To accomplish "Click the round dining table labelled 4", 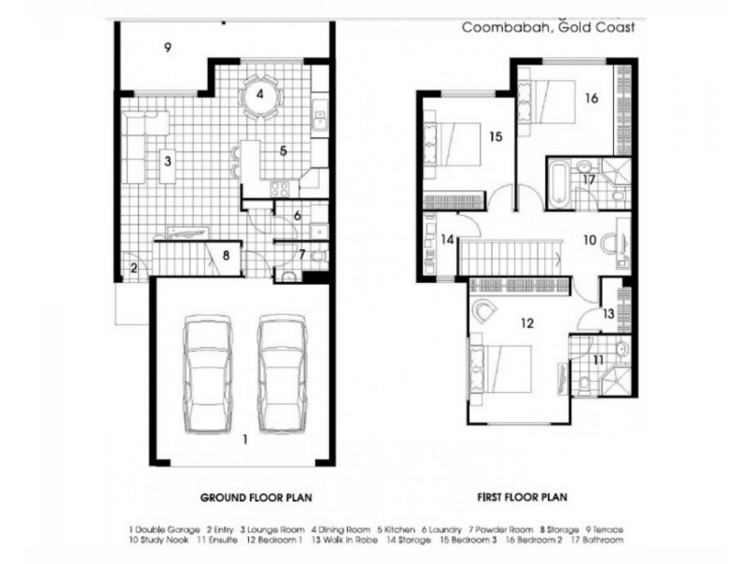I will click(x=260, y=95).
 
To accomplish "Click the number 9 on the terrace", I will click(x=166, y=47).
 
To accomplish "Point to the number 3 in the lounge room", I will click(x=166, y=161).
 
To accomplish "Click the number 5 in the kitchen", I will click(x=281, y=149).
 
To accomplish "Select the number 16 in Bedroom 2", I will click(x=591, y=97).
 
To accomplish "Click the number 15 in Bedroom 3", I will click(x=495, y=136).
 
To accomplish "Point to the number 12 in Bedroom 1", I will click(x=526, y=323).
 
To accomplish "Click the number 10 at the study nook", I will click(x=588, y=240).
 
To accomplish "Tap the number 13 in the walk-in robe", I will click(x=608, y=313).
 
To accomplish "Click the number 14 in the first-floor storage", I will click(x=448, y=240).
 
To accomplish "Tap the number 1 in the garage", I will click(x=244, y=439).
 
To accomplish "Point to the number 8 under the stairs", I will click(x=226, y=253).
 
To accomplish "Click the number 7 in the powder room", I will click(x=301, y=253).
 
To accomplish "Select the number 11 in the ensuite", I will click(x=598, y=360).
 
